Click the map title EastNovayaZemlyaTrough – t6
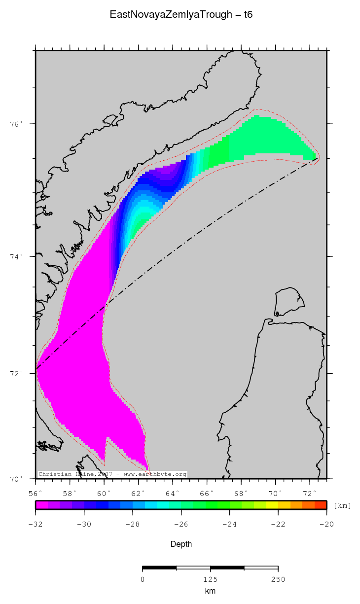[x=181, y=15]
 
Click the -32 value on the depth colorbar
[x=36, y=524]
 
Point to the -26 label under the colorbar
[x=181, y=524]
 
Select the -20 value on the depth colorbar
[x=326, y=524]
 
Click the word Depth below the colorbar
[x=181, y=544]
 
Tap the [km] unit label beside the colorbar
[x=342, y=505]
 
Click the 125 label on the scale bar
[x=210, y=579]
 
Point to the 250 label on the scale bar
[x=278, y=579]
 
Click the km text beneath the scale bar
[x=210, y=591]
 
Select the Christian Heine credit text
[x=112, y=474]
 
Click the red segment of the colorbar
[x=320, y=505]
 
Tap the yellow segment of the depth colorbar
[x=272, y=505]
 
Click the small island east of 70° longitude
[x=289, y=302]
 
